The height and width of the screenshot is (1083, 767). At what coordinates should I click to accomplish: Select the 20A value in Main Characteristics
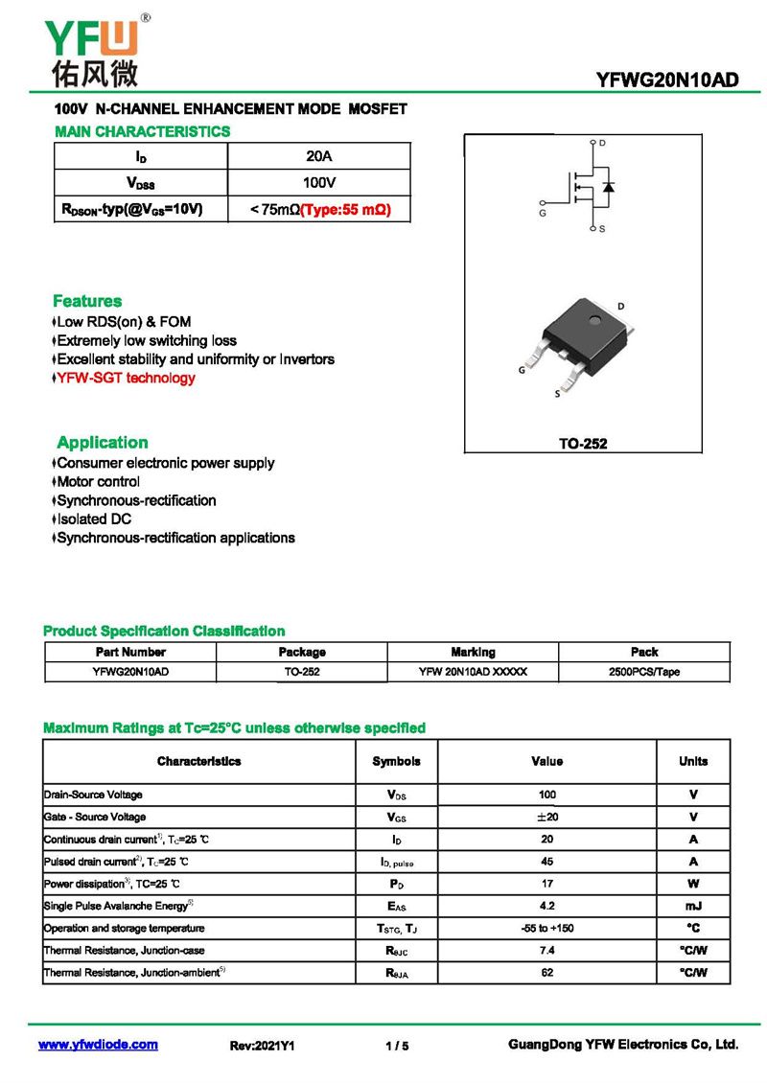pos(318,156)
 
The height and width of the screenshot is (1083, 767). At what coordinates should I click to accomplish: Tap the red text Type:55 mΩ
pos(346,209)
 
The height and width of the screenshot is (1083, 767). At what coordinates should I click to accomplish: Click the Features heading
pos(87,301)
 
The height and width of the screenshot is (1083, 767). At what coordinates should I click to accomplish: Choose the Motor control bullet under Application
pos(98,481)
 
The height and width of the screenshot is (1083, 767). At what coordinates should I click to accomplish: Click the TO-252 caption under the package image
pos(583,444)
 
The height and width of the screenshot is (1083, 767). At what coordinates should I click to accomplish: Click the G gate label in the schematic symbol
pos(544,214)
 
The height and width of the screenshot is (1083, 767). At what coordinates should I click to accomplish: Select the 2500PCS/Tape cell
pos(643,672)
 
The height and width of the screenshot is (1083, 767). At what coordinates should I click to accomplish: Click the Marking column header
pos(473,652)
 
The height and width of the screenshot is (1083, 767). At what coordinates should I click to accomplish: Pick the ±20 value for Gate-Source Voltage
pos(546,817)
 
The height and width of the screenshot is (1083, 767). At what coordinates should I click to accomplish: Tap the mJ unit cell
pos(692,906)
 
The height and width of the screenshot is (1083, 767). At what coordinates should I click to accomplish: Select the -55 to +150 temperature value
pos(546,928)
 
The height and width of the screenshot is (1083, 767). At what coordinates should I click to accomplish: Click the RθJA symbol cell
pos(396,973)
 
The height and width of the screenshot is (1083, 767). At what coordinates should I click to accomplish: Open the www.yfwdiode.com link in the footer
pos(98,1045)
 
